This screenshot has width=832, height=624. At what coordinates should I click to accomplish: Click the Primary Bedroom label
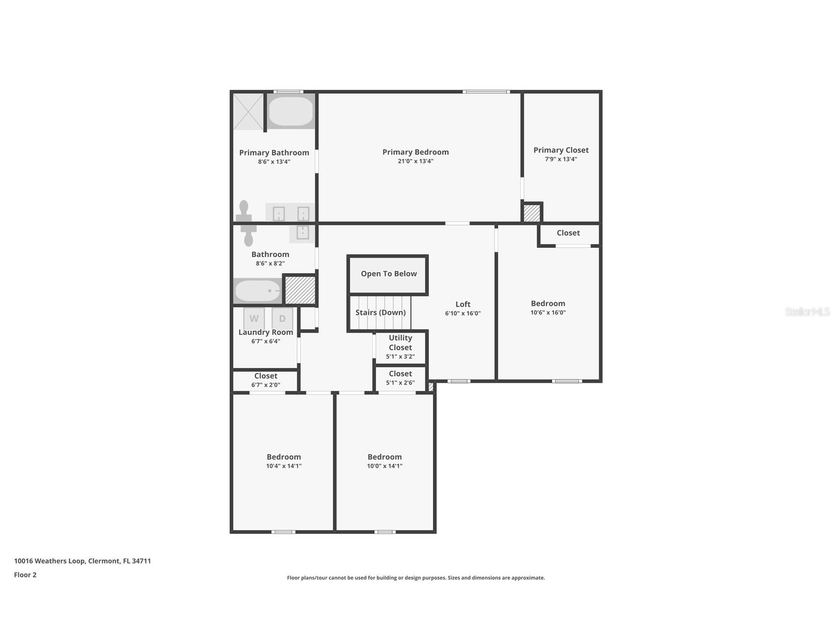pos(415,152)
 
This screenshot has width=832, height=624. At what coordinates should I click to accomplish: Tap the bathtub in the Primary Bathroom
pos(291,111)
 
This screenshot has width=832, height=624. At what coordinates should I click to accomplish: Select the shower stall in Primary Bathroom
pos(248,112)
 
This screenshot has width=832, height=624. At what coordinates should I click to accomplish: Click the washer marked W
pos(254,318)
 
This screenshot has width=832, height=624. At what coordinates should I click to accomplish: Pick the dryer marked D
pos(282,318)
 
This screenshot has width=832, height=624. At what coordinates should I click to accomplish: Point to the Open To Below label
pos(388,274)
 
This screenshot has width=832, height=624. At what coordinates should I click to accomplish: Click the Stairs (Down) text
pos(380,312)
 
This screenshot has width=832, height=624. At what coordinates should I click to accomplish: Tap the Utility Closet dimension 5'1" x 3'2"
pos(400,357)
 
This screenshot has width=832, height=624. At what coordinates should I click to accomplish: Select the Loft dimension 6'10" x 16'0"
pos(462,313)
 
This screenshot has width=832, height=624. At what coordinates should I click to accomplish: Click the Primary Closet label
pos(561,150)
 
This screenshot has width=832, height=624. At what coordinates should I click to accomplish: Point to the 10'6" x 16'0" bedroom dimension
pos(548,312)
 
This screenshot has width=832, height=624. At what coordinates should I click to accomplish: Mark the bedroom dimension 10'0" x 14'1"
pos(384,466)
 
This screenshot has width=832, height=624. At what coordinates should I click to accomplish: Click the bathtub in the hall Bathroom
pos(257,291)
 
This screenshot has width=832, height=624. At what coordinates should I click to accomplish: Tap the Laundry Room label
pos(266,332)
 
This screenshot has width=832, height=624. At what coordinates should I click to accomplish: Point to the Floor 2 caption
pos(25,575)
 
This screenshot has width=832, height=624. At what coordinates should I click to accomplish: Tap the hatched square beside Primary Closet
pos(531,213)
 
